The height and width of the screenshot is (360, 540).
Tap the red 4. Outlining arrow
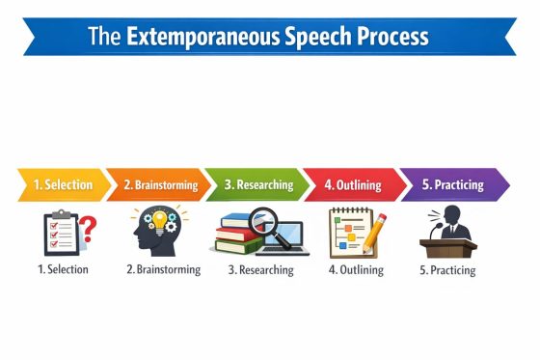[352, 184]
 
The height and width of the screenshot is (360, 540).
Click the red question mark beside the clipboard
[88, 230]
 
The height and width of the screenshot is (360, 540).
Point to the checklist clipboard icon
[60, 234]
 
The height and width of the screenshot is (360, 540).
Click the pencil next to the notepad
[373, 232]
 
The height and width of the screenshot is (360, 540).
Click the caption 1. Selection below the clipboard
[63, 269]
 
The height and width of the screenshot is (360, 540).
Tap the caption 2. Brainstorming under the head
[163, 269]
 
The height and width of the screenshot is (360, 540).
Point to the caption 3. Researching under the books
[259, 270]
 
